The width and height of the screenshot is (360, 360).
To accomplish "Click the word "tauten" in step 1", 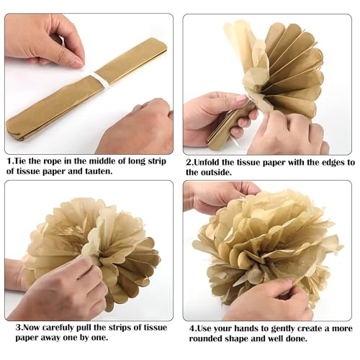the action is (99, 171).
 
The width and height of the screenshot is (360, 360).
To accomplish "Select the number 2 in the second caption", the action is (189, 163).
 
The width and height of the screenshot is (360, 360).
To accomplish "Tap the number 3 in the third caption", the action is (18, 328).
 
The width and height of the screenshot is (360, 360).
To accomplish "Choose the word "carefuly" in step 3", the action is (58, 328).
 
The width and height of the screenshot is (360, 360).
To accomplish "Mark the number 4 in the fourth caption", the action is (192, 328).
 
